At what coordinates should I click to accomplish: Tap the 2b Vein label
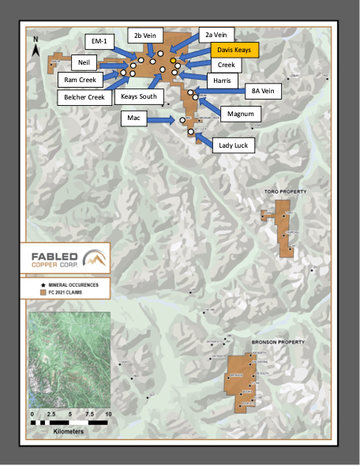148,36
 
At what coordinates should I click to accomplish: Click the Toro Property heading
283,192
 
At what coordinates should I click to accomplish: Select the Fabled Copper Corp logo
66,257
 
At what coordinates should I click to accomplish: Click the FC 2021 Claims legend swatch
43,293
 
